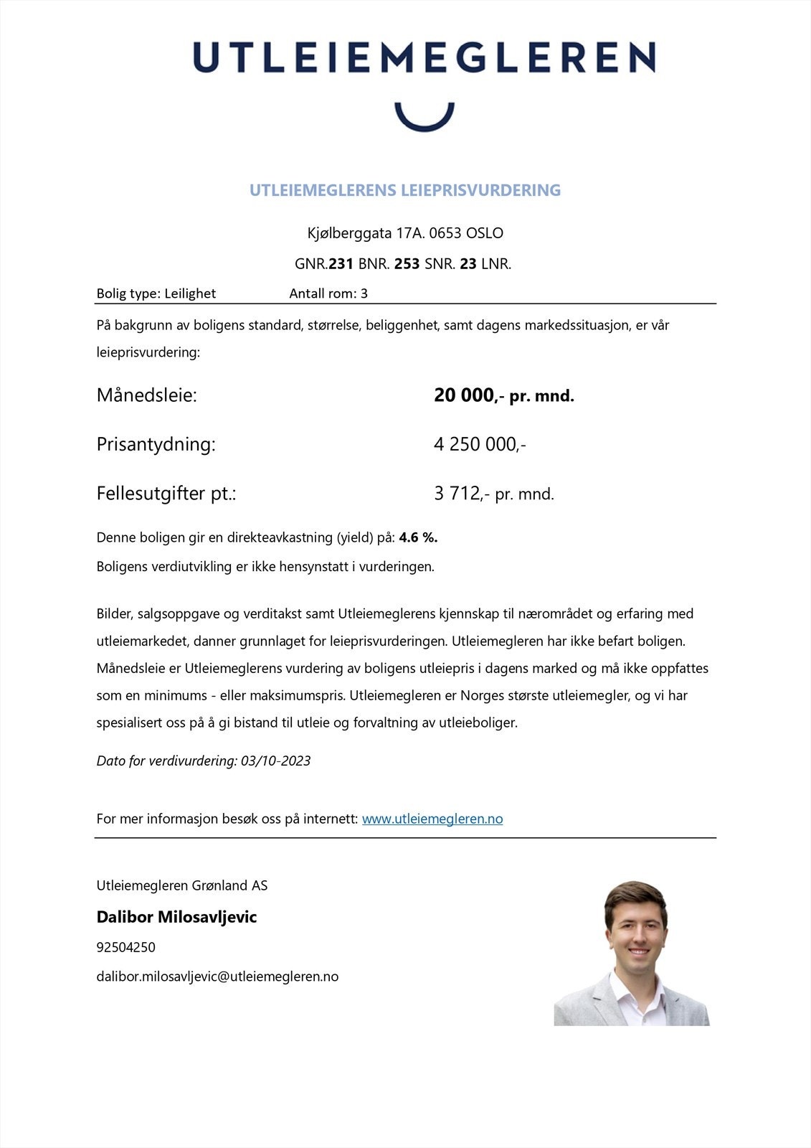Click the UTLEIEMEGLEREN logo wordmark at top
click(424, 57)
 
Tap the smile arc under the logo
click(425, 121)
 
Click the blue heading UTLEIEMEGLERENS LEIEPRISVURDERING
click(404, 190)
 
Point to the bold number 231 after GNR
click(341, 264)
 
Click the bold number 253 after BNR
click(407, 264)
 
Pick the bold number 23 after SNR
click(468, 264)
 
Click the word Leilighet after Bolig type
click(190, 293)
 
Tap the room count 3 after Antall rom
click(364, 293)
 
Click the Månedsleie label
click(146, 395)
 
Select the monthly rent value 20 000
click(464, 395)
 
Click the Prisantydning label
click(156, 444)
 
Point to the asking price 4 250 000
click(479, 444)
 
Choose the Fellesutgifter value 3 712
click(457, 494)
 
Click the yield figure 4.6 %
click(418, 537)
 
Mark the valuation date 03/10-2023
click(275, 761)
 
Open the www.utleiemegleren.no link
click(432, 819)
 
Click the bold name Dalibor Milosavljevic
click(176, 917)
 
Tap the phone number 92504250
click(125, 947)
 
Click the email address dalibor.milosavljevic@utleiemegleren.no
click(217, 977)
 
